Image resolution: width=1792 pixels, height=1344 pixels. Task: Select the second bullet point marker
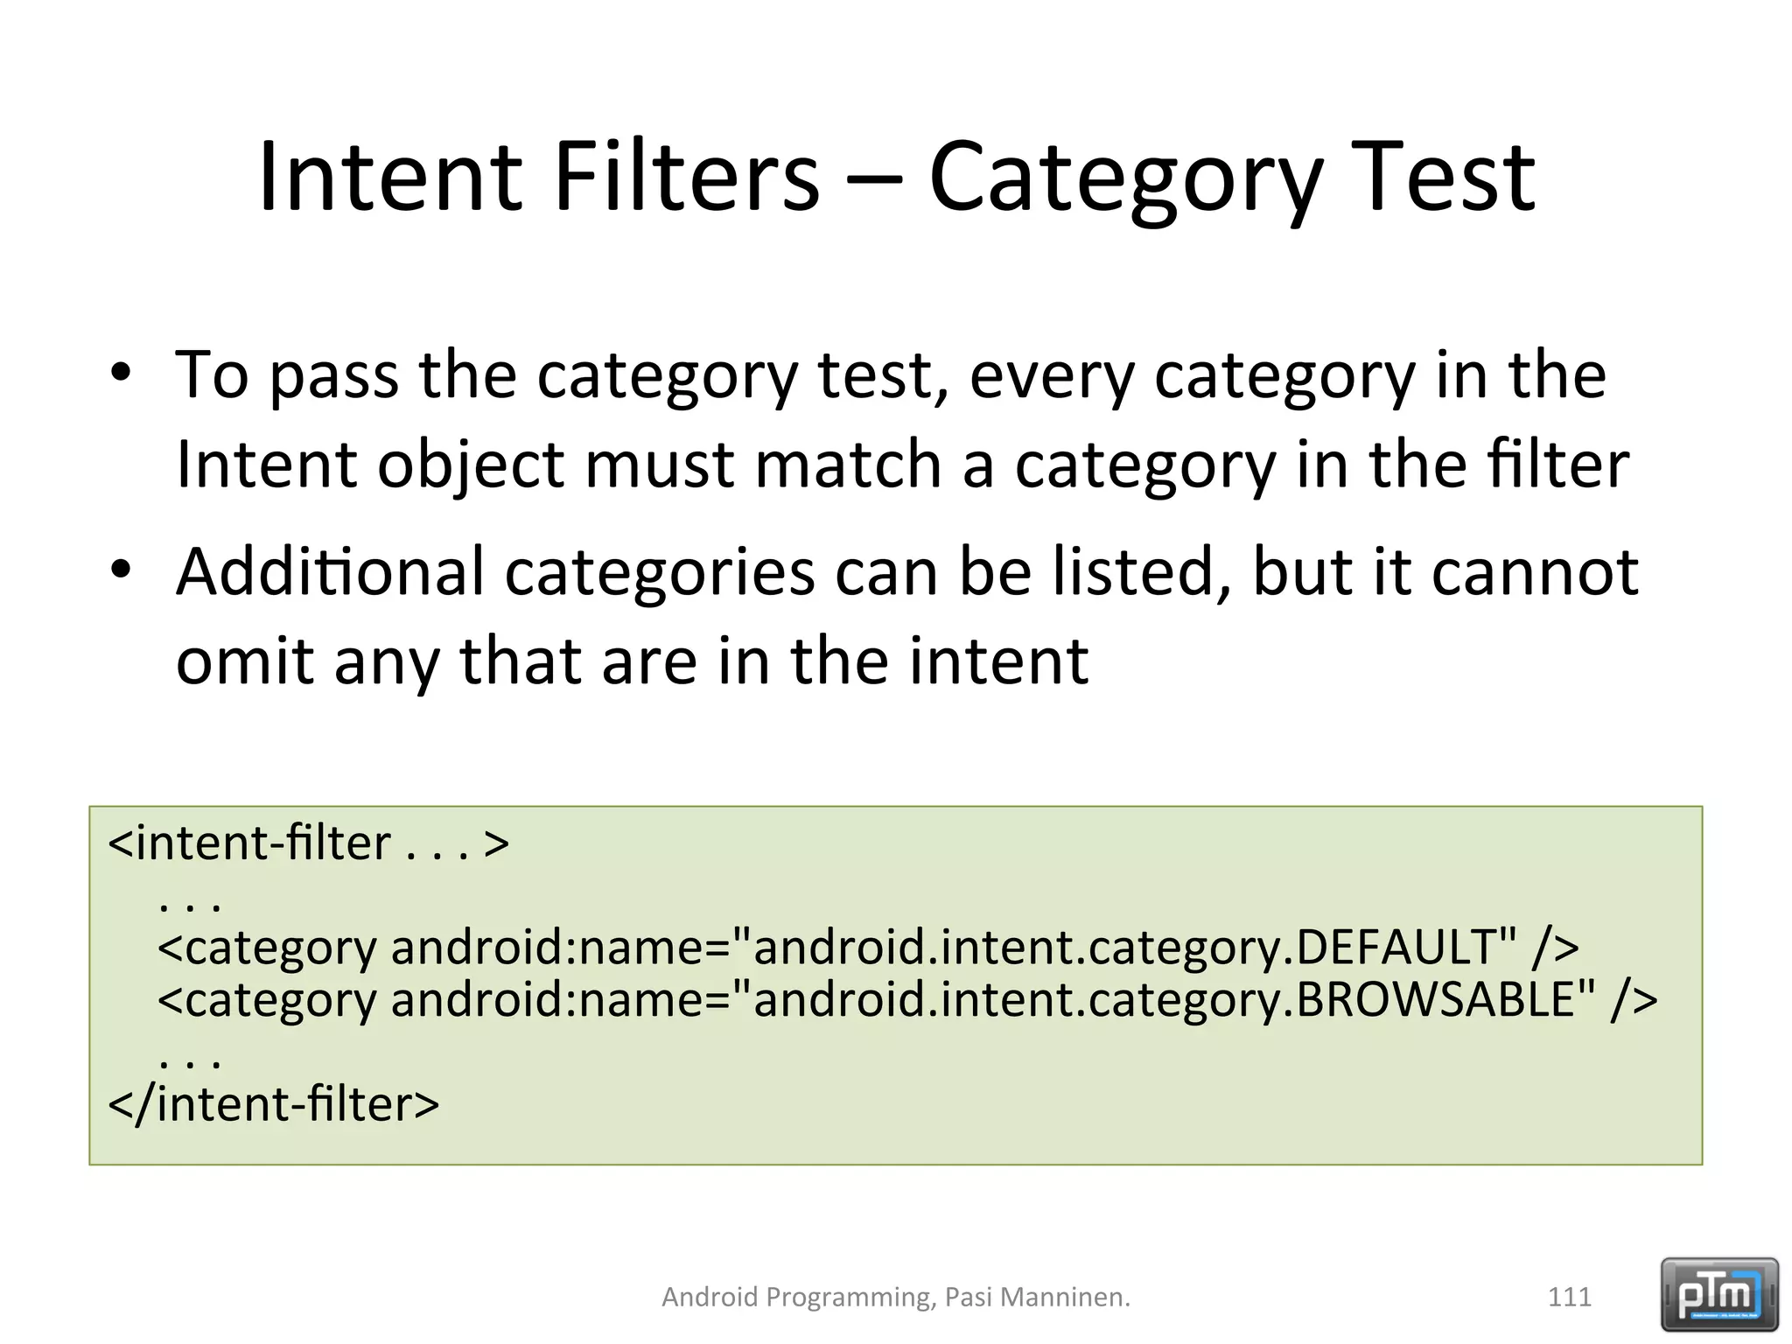(121, 570)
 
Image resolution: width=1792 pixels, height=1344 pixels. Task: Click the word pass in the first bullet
(333, 376)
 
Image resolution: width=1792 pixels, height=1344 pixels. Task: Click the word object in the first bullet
(471, 465)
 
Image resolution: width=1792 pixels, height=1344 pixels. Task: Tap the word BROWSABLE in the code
(1435, 999)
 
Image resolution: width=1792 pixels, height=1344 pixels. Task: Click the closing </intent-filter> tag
(273, 1103)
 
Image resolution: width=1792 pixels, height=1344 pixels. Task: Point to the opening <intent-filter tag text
(249, 843)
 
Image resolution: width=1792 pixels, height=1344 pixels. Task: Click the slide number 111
(1569, 1297)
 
